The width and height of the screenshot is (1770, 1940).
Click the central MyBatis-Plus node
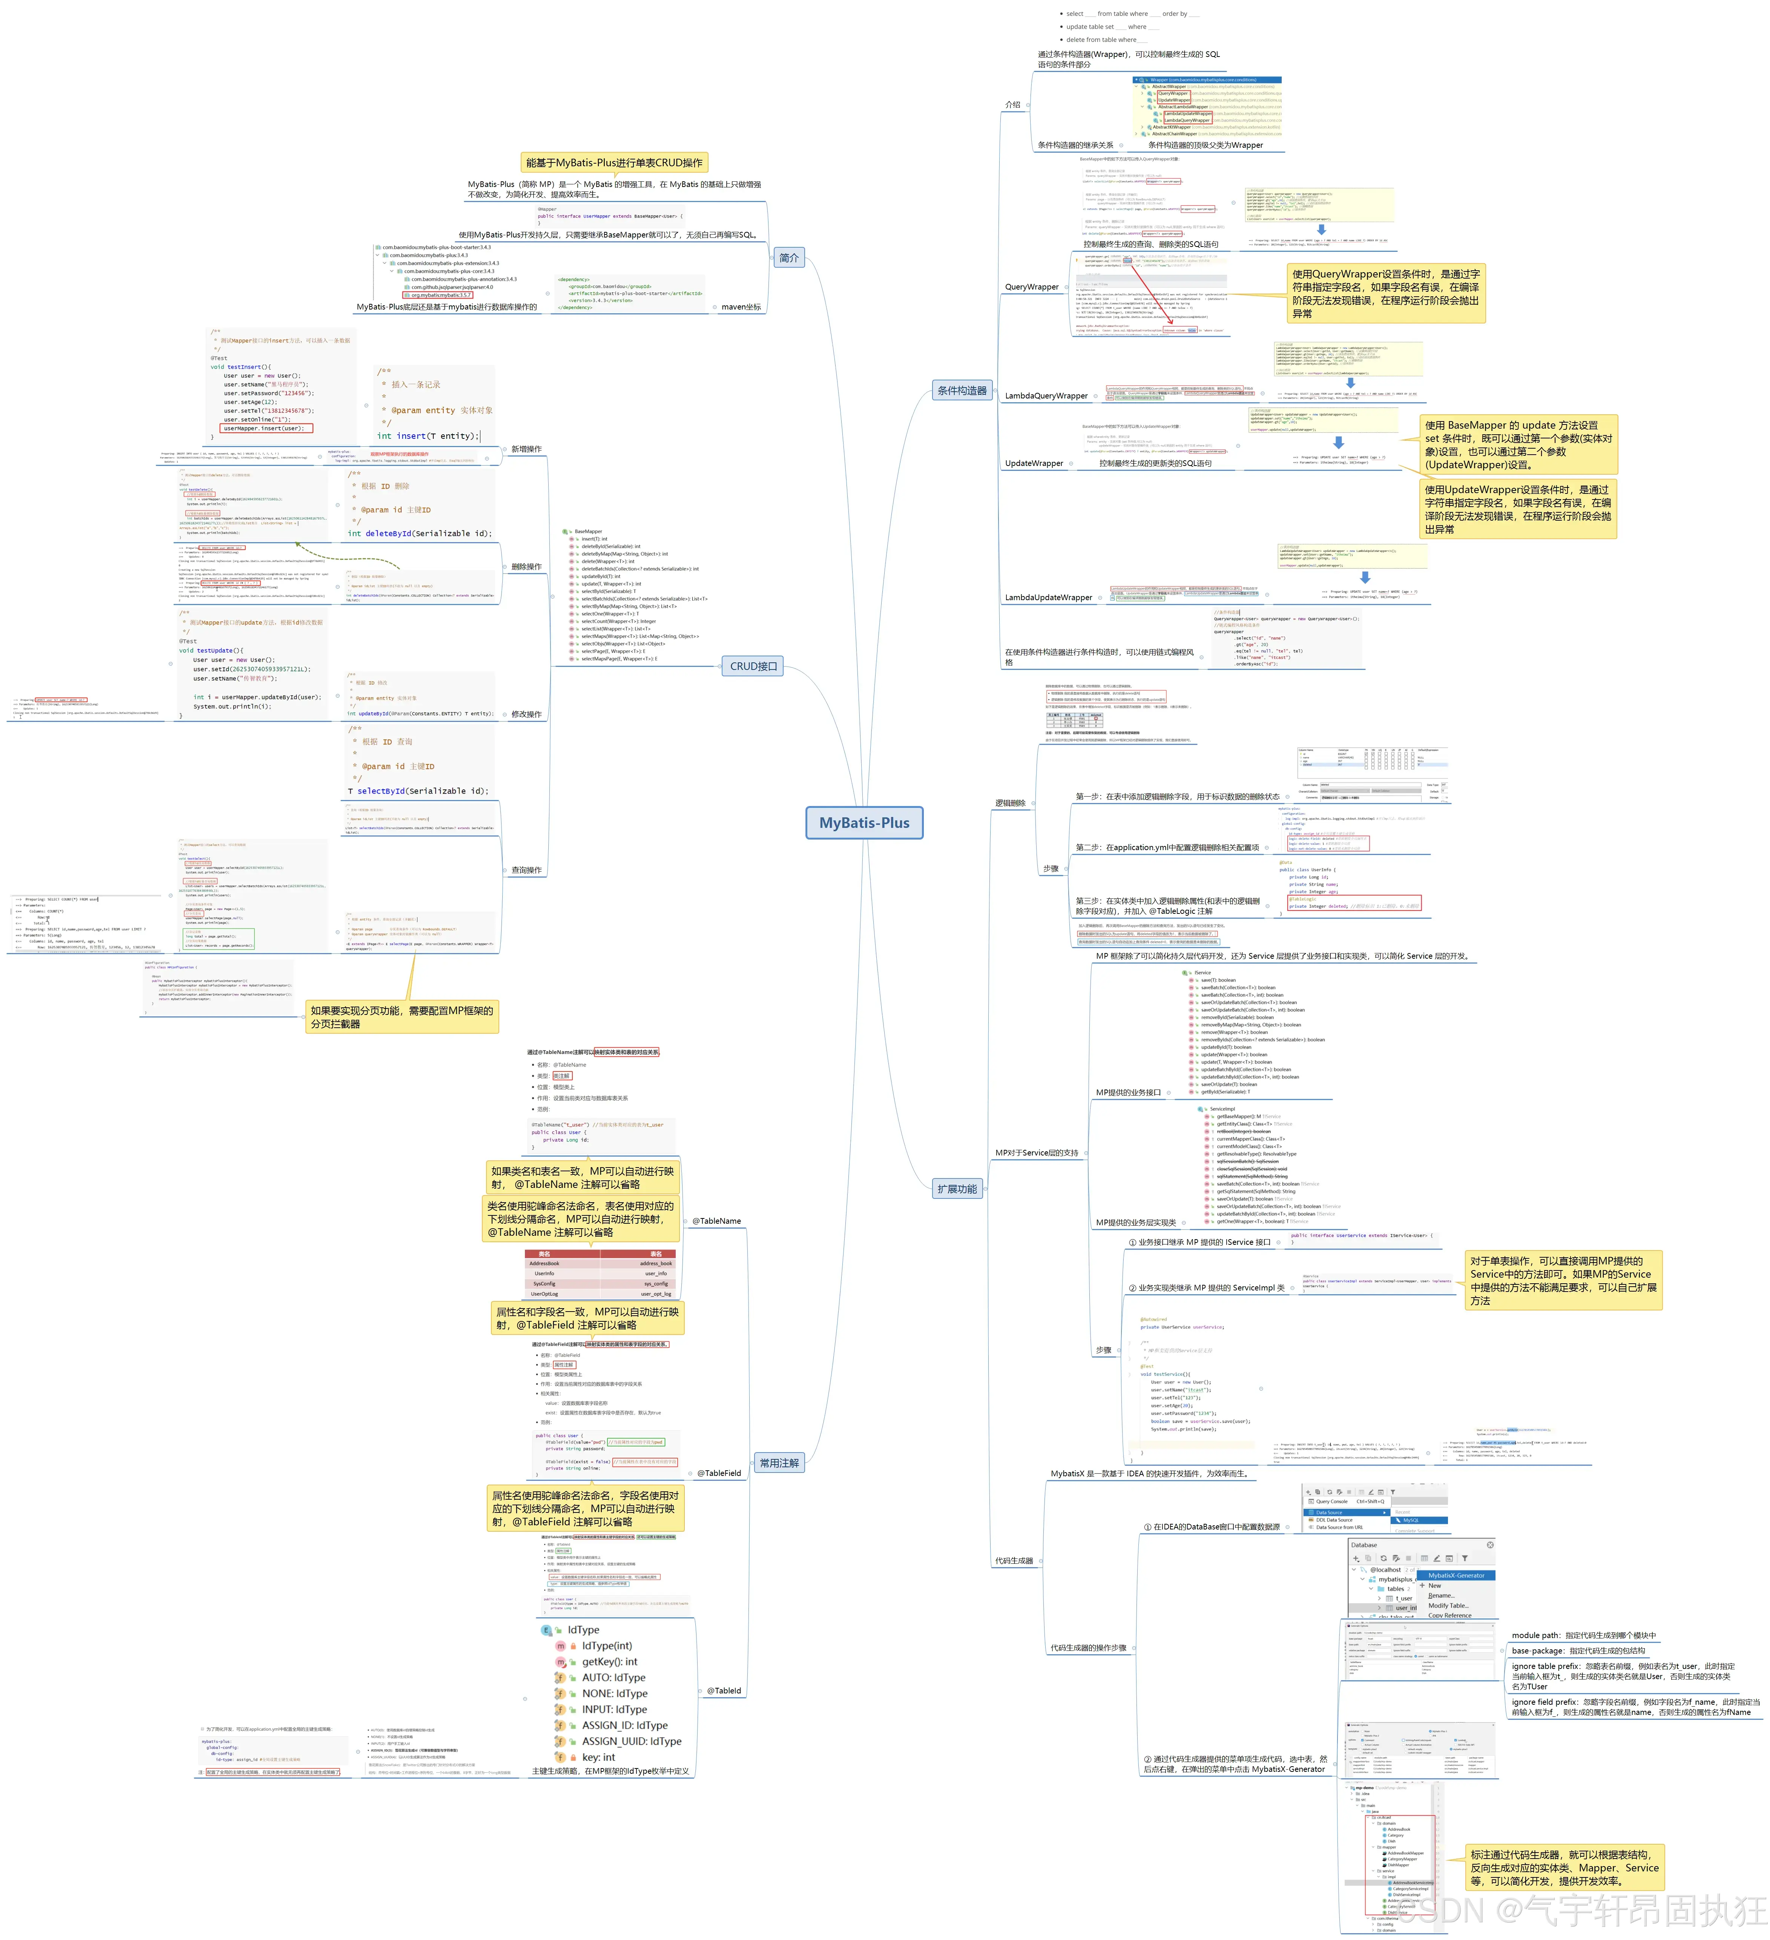[864, 823]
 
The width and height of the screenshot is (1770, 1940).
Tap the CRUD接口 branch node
[753, 666]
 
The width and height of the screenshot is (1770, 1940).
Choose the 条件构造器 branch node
[962, 391]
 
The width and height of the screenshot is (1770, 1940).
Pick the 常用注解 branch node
[779, 1463]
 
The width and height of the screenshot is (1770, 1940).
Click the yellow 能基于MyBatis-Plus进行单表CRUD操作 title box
[614, 162]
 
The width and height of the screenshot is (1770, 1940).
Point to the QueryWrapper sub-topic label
[1031, 287]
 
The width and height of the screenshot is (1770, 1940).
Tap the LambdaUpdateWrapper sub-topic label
[1048, 598]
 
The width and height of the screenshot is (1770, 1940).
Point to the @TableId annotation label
[724, 1691]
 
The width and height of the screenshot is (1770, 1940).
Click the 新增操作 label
[526, 449]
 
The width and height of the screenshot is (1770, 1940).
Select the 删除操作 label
[526, 567]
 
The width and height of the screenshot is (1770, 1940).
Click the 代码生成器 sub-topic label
[1014, 1561]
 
